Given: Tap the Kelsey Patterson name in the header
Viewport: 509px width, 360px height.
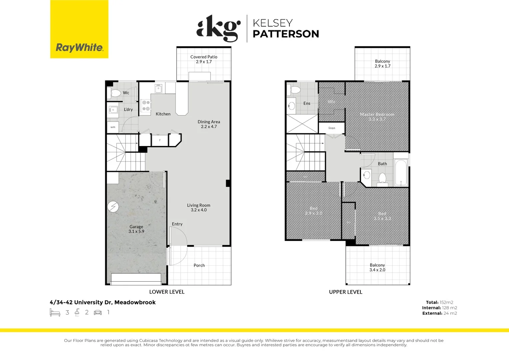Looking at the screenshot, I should tap(285, 29).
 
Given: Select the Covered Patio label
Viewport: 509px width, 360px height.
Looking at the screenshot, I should tap(204, 59).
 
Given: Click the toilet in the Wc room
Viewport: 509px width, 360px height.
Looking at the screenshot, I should tap(115, 93).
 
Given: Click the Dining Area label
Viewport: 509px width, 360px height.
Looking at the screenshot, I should tap(209, 124).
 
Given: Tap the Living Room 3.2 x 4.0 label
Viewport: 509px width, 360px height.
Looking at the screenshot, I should tap(199, 208).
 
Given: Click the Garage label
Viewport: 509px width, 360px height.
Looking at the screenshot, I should tap(136, 229).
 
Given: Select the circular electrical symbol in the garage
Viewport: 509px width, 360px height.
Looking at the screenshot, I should tap(113, 207).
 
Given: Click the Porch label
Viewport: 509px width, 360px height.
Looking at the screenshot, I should tap(199, 265).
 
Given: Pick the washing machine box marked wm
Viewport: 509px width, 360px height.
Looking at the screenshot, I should tap(113, 127).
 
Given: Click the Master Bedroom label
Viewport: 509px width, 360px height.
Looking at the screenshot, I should tap(377, 117).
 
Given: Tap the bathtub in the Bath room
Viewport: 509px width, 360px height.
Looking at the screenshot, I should tap(401, 173).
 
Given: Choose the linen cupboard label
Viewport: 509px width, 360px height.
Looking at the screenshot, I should tap(332, 128).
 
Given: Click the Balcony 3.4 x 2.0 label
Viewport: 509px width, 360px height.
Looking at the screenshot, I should tap(377, 267).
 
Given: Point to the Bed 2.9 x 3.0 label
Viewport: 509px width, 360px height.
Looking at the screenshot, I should tap(313, 211).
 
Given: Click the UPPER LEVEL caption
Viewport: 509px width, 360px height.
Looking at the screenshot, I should tap(345, 292).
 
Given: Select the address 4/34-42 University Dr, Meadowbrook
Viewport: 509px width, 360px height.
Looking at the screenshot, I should tap(103, 302).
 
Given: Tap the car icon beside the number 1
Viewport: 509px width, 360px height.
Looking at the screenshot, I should tap(98, 312).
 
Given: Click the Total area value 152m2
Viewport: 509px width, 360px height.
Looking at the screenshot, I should tap(446, 302).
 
